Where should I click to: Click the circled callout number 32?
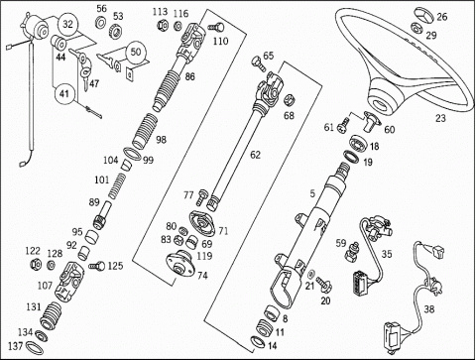(67, 25)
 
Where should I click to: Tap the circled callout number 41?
(64, 94)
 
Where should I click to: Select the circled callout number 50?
(136, 52)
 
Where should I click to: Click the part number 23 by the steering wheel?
(440, 118)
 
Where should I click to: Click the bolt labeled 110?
(216, 28)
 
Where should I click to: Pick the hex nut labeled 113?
(162, 25)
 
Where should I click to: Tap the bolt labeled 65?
(258, 62)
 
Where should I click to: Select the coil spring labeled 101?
(117, 186)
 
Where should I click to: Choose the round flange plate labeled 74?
(179, 263)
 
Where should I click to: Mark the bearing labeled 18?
(359, 142)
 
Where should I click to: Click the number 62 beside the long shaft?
(255, 155)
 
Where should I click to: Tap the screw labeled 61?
(342, 126)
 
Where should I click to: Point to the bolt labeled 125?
(96, 266)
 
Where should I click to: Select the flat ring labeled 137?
(34, 348)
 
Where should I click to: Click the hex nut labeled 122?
(35, 264)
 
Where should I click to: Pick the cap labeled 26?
(424, 15)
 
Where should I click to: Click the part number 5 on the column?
(312, 193)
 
